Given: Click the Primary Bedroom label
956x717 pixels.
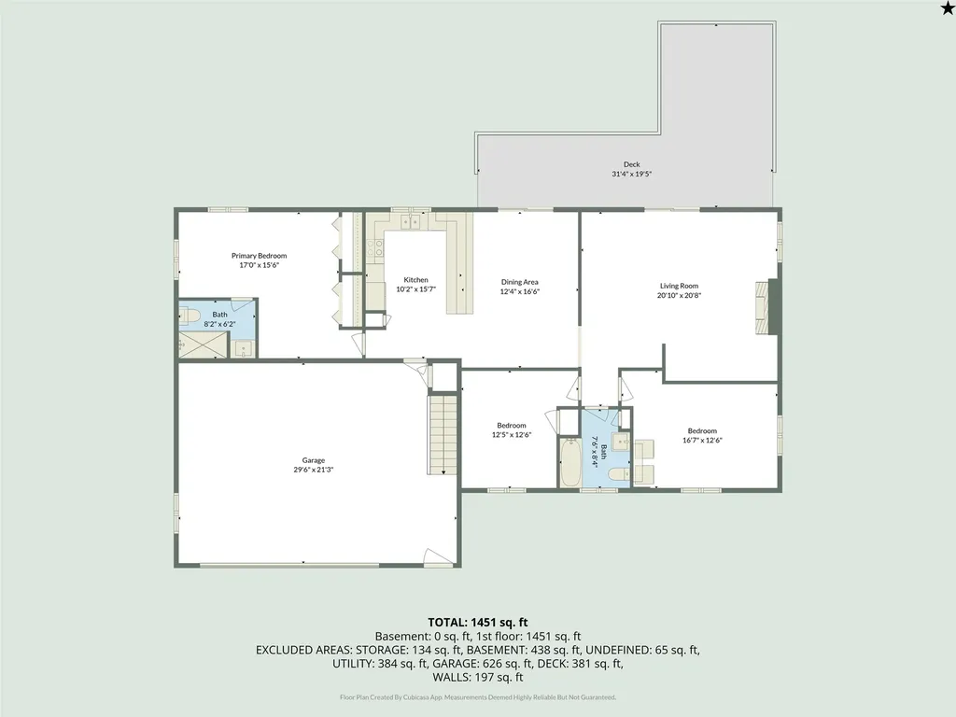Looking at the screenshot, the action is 260,256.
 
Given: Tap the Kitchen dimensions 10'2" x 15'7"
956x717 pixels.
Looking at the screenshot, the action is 415,289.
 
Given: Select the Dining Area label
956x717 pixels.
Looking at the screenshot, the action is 519,282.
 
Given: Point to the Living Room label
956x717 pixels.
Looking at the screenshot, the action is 679,286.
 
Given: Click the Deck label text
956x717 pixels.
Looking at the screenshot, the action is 632,164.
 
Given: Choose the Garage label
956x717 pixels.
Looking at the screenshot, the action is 314,460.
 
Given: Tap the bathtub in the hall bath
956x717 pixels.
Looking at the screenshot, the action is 570,462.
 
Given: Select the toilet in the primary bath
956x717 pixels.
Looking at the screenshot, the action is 190,316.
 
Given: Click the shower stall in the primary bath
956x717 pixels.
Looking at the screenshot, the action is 203,344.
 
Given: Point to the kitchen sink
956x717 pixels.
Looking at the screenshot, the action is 411,221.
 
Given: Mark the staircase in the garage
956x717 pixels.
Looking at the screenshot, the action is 443,434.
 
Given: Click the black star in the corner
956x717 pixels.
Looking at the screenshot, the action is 948,7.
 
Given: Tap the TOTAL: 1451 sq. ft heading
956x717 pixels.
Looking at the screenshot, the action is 477,623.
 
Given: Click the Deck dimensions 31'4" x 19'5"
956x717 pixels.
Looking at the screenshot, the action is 632,174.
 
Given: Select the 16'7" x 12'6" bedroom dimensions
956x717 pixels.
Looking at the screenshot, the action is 702,441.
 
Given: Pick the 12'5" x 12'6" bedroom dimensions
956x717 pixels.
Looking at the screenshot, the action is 512,435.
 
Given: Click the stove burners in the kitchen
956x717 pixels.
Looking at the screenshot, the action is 379,247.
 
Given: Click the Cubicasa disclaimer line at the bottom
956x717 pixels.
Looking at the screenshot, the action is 478,696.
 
